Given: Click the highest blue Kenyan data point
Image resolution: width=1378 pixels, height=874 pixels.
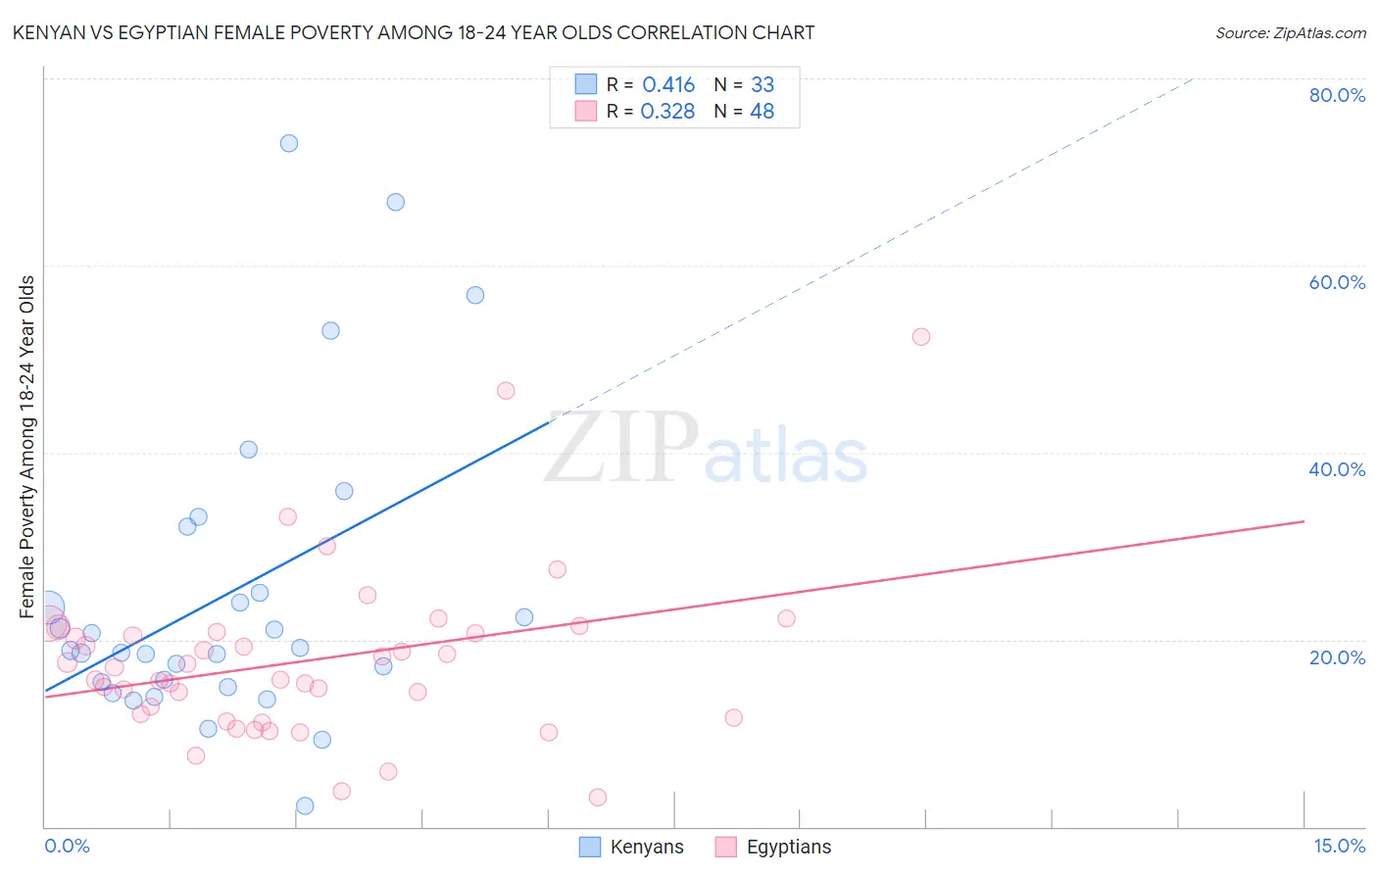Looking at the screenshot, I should point(289,143).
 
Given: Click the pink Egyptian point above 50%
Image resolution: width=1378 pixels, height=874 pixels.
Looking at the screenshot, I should point(920,337).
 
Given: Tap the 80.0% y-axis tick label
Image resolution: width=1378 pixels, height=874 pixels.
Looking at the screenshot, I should point(1336,95).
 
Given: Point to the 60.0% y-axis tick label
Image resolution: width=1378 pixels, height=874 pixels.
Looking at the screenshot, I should point(1336,282).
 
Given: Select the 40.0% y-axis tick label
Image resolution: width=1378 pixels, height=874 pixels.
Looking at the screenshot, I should point(1336,469).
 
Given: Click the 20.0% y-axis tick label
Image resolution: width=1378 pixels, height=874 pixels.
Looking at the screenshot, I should point(1336,657).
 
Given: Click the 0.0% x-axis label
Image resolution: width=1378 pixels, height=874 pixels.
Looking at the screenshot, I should point(67,846).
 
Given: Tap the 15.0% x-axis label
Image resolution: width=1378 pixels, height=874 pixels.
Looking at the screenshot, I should point(1339,846).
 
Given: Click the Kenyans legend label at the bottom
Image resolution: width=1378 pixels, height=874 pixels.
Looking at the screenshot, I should point(646,848).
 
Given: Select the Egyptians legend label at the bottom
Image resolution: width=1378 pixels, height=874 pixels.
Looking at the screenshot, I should point(788,848).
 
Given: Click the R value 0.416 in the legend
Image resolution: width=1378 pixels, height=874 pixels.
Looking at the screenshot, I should point(668,85).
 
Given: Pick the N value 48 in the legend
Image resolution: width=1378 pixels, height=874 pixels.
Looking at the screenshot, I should point(762,112).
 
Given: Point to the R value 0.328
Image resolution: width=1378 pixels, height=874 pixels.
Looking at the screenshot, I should point(667,112).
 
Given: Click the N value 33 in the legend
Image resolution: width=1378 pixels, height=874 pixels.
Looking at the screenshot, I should point(762,85).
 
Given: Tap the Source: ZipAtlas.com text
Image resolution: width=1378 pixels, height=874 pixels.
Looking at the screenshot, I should point(1290,33).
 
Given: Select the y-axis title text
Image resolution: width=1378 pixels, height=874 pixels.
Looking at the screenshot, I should point(27,447).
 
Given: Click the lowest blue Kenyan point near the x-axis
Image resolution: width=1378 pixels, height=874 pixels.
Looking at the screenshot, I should point(305,805).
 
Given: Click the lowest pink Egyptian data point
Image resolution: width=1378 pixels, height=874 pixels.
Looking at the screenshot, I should point(598,798).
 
